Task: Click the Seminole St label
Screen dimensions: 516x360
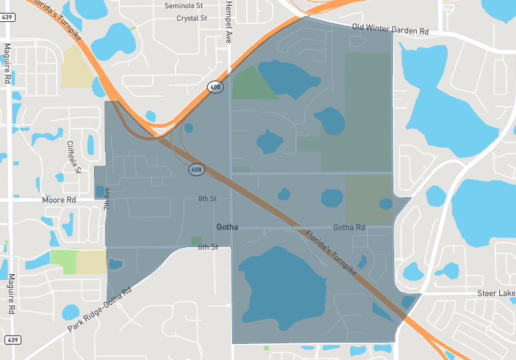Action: (183, 6)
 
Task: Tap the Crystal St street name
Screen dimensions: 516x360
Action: (192, 18)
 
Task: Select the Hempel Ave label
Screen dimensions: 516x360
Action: (228, 22)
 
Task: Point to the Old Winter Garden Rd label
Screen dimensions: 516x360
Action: (390, 29)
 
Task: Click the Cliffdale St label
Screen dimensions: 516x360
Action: (74, 157)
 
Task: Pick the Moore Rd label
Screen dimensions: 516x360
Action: (59, 200)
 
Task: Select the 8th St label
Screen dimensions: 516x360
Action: (208, 199)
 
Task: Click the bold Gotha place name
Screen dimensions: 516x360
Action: (227, 227)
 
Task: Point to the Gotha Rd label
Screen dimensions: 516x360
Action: (349, 228)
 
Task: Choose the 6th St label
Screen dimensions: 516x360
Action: (208, 247)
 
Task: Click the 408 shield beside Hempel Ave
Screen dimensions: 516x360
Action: (215, 86)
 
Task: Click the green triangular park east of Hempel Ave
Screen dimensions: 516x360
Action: (251, 84)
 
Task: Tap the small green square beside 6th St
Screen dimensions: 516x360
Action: (196, 241)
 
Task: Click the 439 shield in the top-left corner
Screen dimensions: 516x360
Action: (8, 17)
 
